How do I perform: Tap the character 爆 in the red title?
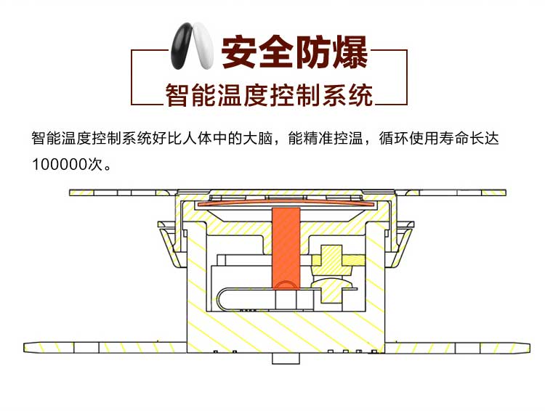pyautogui.click(x=349, y=52)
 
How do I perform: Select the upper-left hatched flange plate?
pyautogui.click(x=120, y=192)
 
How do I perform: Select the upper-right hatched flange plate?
pyautogui.click(x=454, y=192)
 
